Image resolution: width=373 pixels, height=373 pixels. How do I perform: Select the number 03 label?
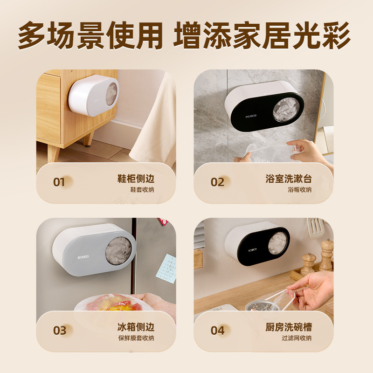pyautogui.click(x=60, y=331)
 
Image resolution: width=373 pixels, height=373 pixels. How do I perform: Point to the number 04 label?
pyautogui.click(x=217, y=331)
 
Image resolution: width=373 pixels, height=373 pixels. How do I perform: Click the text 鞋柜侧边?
pyautogui.click(x=135, y=179)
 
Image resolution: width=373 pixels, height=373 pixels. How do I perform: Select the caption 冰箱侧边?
pyautogui.click(x=135, y=327)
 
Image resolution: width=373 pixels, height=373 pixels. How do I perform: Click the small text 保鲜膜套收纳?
pyautogui.click(x=136, y=338)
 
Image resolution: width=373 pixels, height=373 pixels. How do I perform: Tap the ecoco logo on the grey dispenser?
pyautogui.click(x=83, y=256)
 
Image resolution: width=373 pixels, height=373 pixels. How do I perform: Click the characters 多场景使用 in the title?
pyautogui.click(x=90, y=36)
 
